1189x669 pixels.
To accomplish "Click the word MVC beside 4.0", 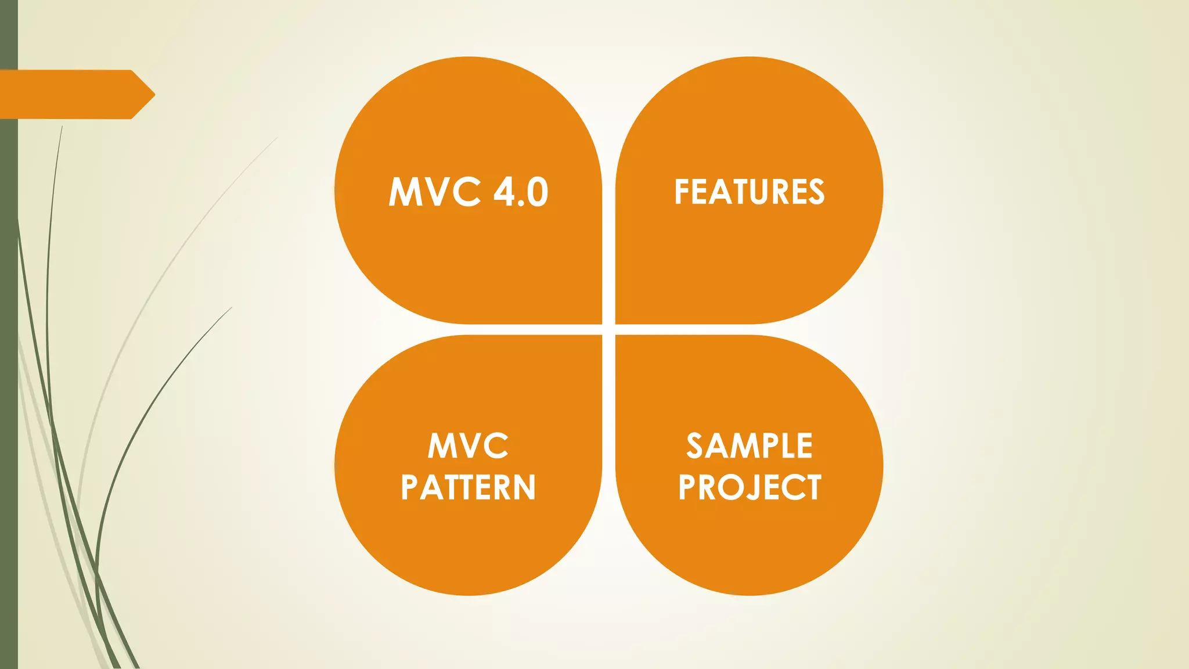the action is [434, 192].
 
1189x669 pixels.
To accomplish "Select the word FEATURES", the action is [749, 192].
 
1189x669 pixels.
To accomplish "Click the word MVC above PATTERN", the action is [468, 446].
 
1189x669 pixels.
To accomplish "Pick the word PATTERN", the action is [468, 487].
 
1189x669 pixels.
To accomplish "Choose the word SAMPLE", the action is [749, 446].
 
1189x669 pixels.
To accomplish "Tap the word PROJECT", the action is [749, 487].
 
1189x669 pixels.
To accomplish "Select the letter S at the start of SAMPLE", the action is [695, 446].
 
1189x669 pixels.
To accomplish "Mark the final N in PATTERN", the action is [525, 487].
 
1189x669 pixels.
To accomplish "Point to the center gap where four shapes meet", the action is [608, 329].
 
